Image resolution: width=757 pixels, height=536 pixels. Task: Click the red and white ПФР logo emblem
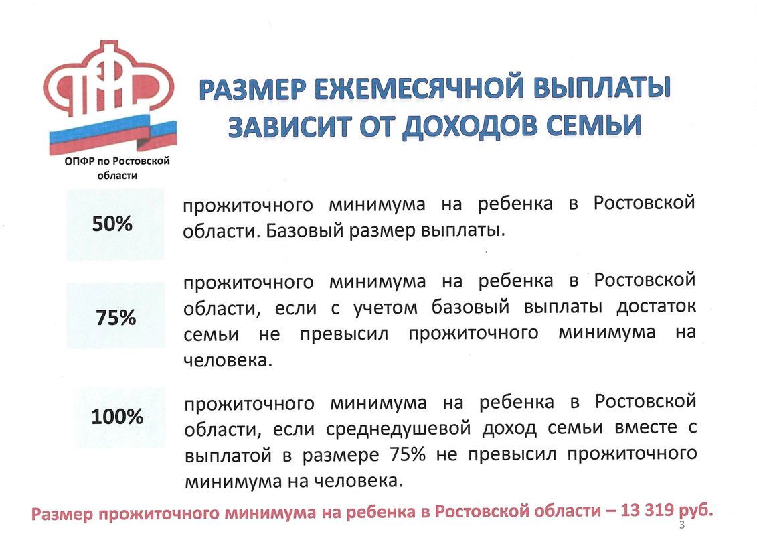pyautogui.click(x=108, y=79)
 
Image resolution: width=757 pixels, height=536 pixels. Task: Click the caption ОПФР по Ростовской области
pyautogui.click(x=117, y=167)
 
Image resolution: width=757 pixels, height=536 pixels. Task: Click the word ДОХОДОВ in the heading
pyautogui.click(x=470, y=126)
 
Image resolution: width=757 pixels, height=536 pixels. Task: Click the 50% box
pyautogui.click(x=115, y=224)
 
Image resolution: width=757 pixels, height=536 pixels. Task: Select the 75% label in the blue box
pyautogui.click(x=116, y=318)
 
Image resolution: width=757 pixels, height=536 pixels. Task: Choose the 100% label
pyautogui.click(x=117, y=417)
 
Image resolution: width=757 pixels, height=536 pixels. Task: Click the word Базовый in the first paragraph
pyautogui.click(x=305, y=230)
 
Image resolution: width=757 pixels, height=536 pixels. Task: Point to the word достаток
pyautogui.click(x=656, y=306)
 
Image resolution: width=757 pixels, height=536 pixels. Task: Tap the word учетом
pyautogui.click(x=386, y=308)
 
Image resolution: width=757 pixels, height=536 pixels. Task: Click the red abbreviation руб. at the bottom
pyautogui.click(x=695, y=511)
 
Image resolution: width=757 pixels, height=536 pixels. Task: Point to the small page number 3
pyautogui.click(x=681, y=525)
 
